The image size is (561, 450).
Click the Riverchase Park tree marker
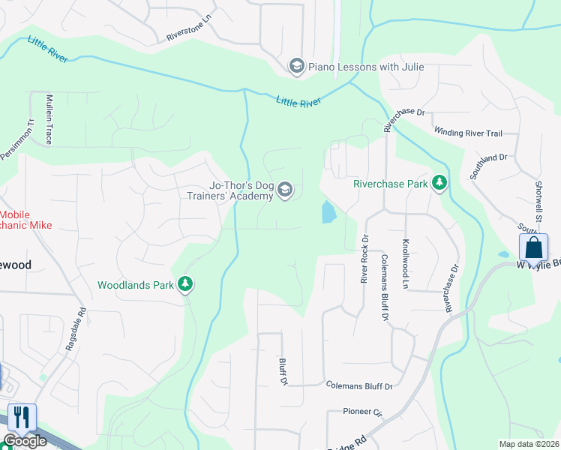[439, 183]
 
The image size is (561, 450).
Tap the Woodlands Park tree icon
[185, 285]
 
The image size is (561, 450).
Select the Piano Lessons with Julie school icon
[296, 67]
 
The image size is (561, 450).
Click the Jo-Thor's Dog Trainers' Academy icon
[285, 190]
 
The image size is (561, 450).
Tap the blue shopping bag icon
[533, 247]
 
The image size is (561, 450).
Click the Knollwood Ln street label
[405, 265]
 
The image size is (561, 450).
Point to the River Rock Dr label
[364, 259]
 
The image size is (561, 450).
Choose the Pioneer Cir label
[363, 412]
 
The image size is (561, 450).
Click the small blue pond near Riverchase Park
[328, 212]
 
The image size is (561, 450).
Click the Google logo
[24, 441]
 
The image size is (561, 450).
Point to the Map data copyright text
[529, 444]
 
